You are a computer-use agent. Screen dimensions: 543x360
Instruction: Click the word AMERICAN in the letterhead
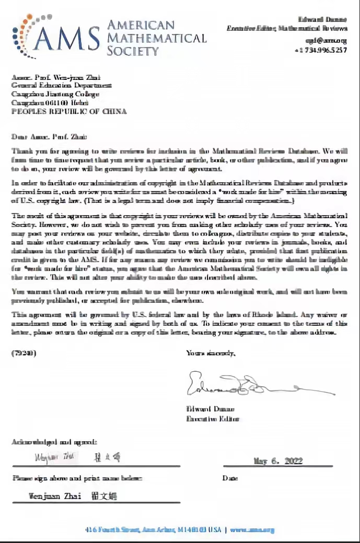coord(141,25)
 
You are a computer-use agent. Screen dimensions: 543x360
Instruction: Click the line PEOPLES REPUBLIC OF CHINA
coord(69,111)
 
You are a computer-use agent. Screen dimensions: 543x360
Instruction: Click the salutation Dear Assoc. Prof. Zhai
coord(47,137)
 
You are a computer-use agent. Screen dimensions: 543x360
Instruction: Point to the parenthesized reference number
coord(24,353)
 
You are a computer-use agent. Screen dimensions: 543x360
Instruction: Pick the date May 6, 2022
coord(277,461)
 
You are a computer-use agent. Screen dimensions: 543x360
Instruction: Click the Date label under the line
coord(230,478)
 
